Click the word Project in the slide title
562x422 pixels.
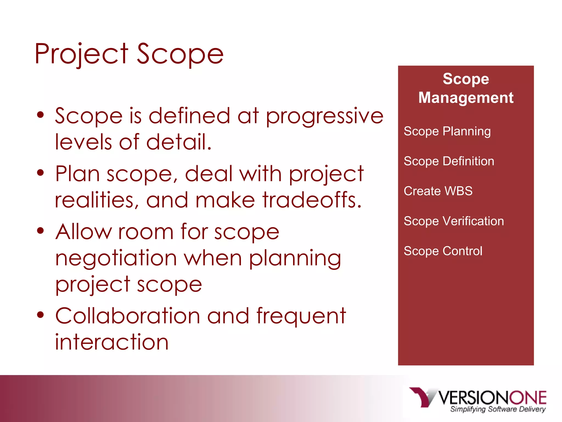[x=81, y=54]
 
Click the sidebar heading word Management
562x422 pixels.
[x=466, y=98]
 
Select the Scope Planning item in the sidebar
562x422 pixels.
[x=447, y=131]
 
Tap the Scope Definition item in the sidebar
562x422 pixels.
[x=449, y=161]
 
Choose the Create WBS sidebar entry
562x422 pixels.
[x=438, y=191]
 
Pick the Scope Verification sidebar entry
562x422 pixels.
[x=454, y=221]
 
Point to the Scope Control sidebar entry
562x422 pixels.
[x=443, y=251]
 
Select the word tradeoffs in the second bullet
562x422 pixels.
[x=312, y=200]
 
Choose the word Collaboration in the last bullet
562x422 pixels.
[x=128, y=316]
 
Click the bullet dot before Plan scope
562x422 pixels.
[x=40, y=173]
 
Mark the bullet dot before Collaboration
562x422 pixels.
[x=40, y=315]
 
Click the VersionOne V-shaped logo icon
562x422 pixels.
[x=422, y=397]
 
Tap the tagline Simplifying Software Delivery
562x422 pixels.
[x=498, y=409]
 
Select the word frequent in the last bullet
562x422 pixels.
[x=301, y=316]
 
